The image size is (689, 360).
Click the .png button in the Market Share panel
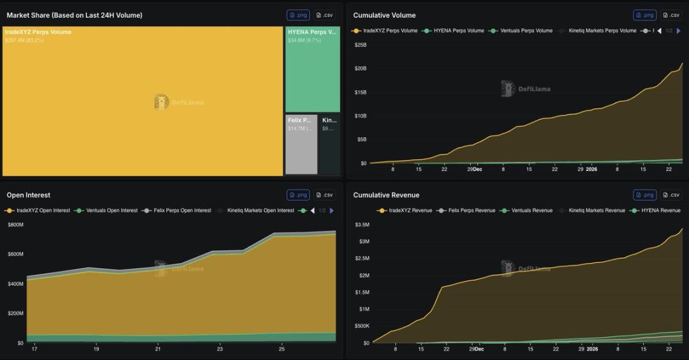[298, 15]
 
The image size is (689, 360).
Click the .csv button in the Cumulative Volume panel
[670, 15]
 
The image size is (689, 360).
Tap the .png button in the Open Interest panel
[298, 195]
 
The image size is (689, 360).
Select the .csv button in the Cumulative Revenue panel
[670, 195]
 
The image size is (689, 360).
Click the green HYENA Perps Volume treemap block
[313, 70]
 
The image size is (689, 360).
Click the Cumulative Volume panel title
[384, 15]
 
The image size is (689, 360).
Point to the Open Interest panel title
[28, 195]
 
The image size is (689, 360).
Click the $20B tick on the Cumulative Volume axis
[360, 68]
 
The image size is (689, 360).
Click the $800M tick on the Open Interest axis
[15, 225]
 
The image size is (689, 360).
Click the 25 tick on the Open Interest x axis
[281, 349]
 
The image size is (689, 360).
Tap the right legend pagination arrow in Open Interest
[332, 211]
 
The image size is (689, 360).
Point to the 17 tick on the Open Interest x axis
[34, 349]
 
